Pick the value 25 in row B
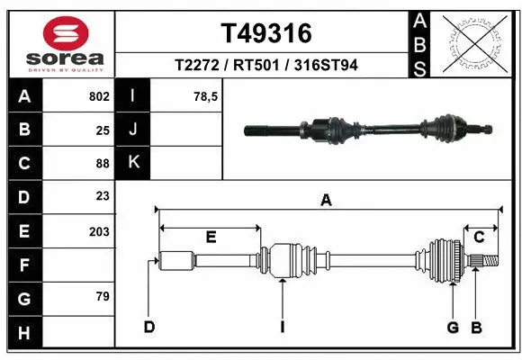103,130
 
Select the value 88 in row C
103,163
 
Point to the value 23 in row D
103,196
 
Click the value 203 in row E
99,231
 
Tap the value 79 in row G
103,296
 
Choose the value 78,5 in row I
206,96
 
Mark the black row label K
133,163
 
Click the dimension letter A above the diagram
326,202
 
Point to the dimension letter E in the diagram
211,237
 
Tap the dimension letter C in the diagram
479,237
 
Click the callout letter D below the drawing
149,326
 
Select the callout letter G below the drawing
454,326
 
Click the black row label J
133,130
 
